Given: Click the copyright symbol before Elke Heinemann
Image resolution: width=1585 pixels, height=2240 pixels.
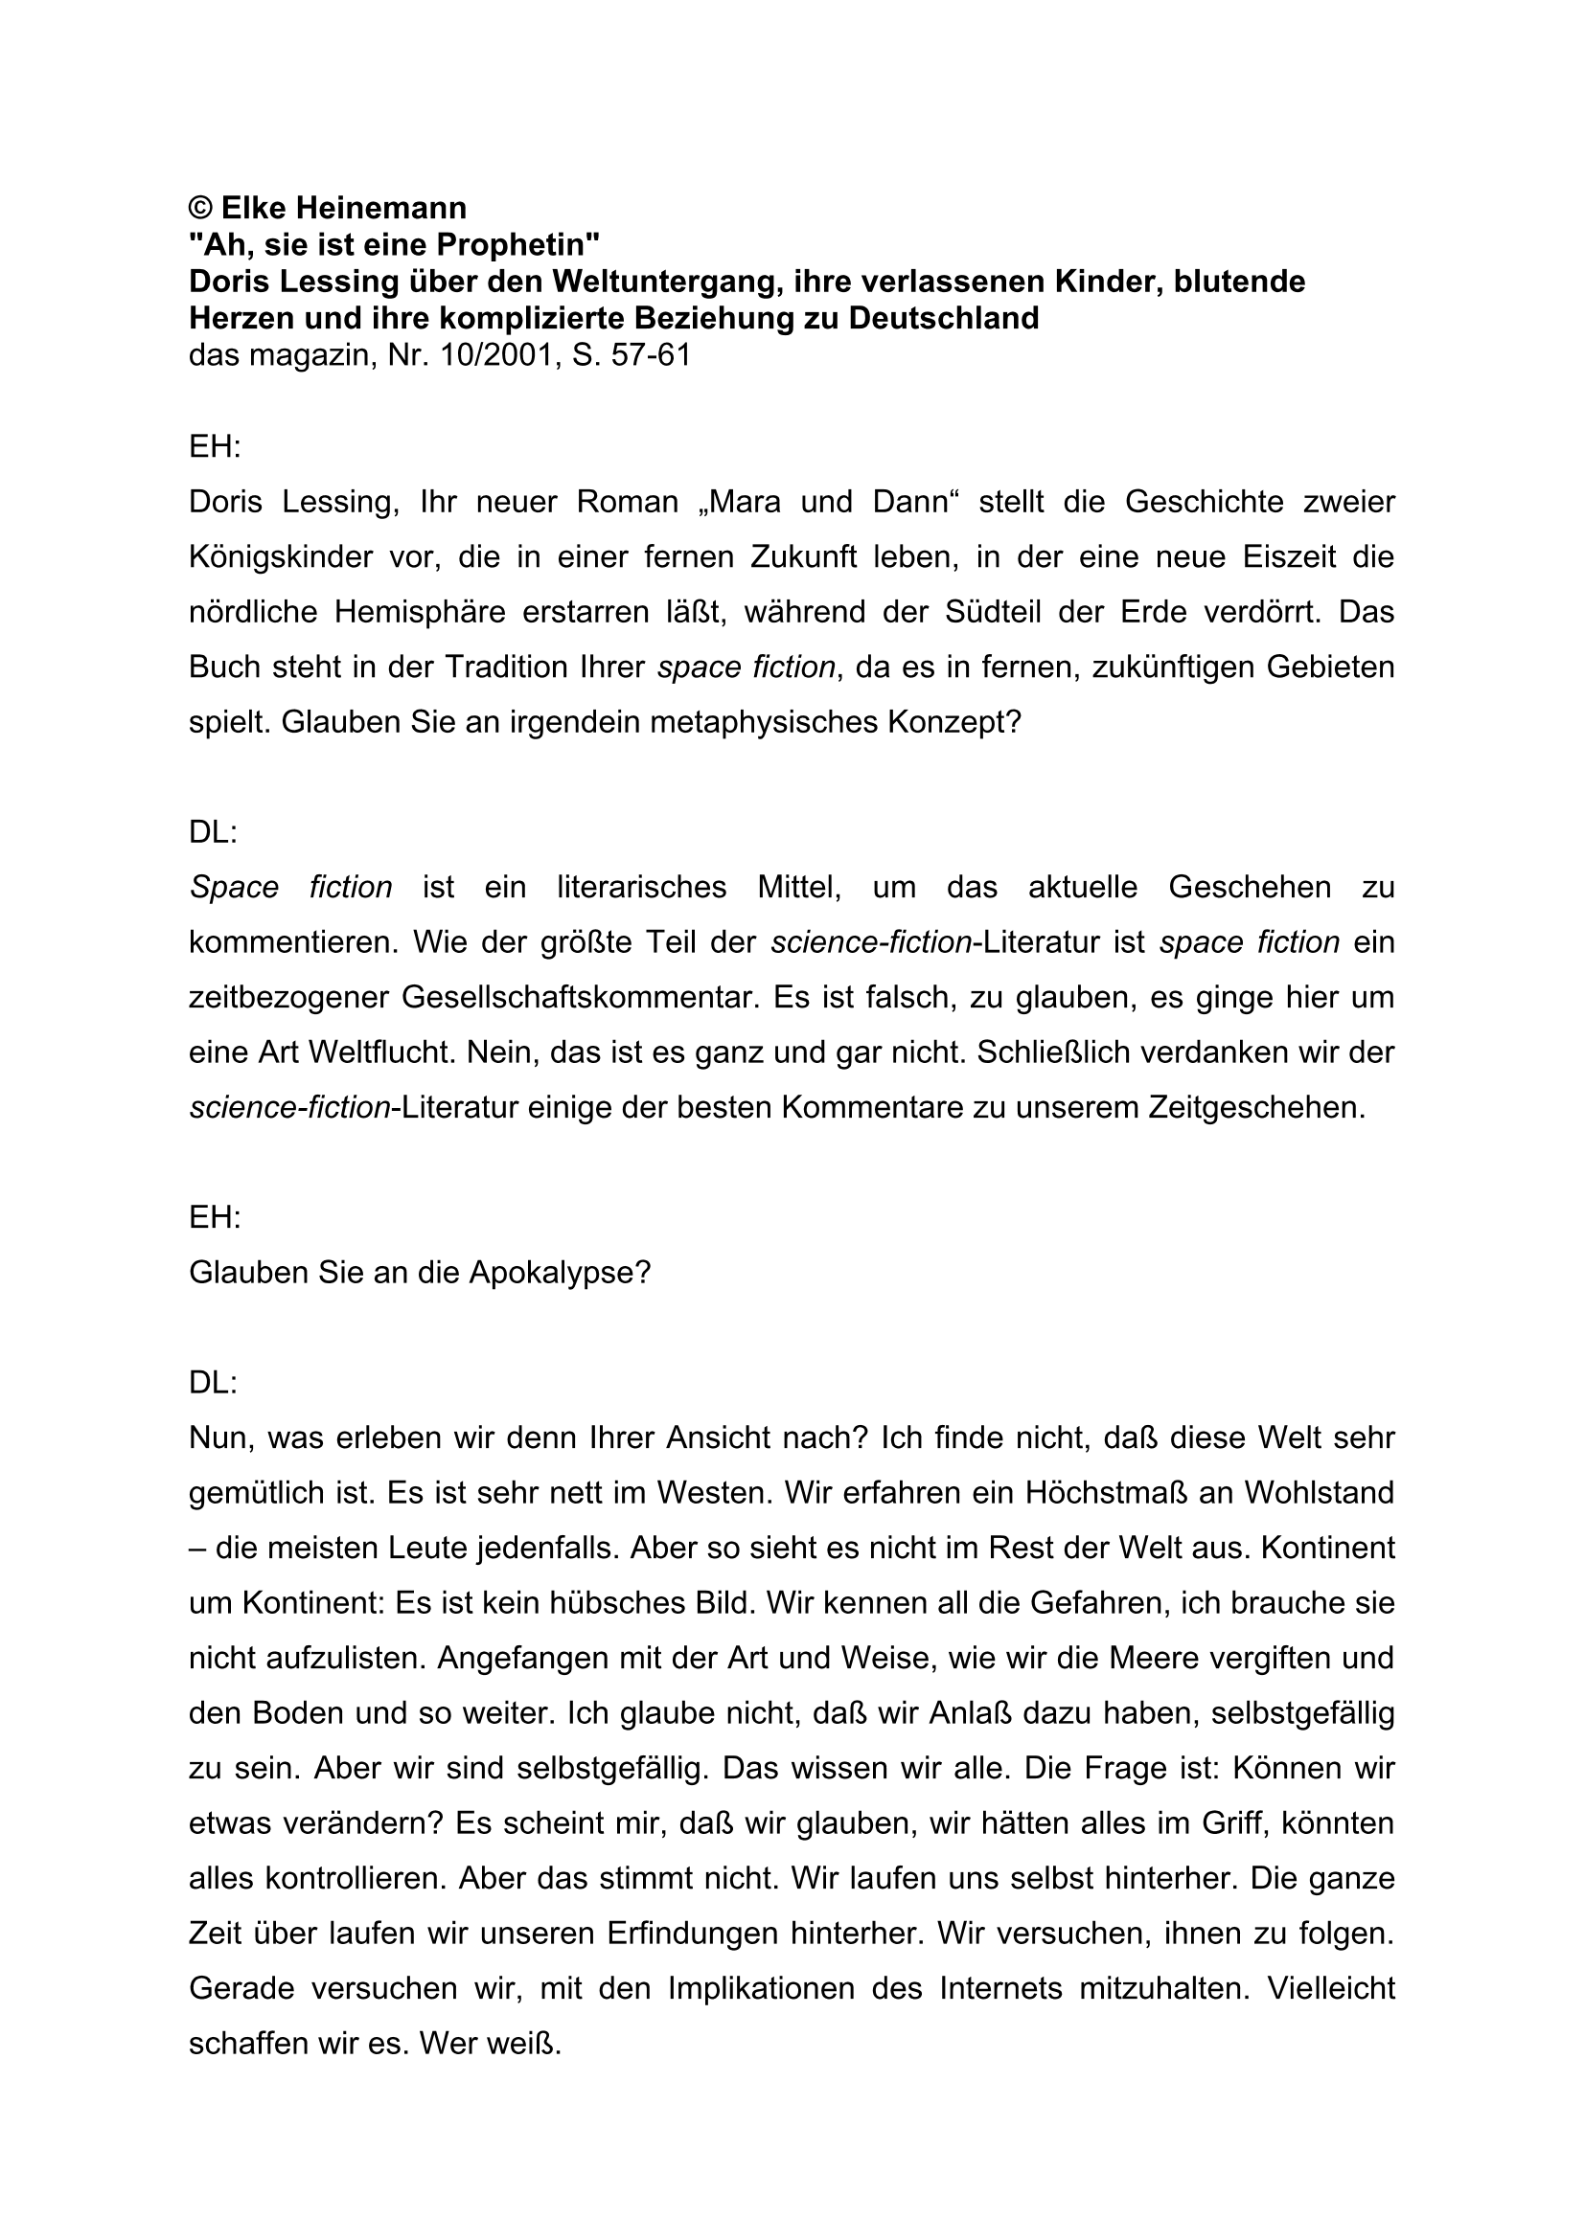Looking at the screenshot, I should point(201,208).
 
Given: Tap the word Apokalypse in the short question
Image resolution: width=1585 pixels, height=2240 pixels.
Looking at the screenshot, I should point(560,1273).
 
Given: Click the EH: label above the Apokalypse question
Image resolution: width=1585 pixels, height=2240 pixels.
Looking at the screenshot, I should point(215,1217).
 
